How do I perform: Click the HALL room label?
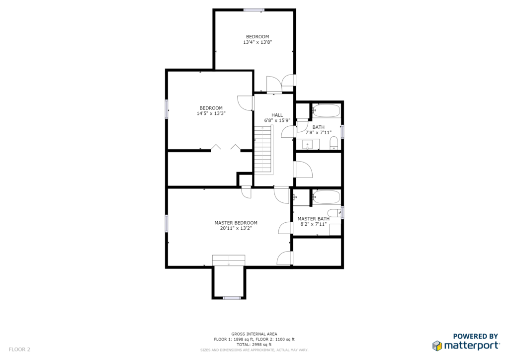277,115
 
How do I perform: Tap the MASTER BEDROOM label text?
236,223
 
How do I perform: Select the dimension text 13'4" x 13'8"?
257,42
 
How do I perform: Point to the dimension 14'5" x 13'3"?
211,113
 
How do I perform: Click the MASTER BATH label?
313,219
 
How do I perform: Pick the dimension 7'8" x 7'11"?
318,132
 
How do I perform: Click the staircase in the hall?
263,150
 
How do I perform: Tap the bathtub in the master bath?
326,197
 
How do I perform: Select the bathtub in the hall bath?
326,111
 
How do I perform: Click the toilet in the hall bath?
334,144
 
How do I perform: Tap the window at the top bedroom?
254,10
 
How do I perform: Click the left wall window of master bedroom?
167,223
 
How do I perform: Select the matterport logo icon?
437,346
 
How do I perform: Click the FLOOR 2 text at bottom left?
19,350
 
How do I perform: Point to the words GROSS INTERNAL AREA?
254,334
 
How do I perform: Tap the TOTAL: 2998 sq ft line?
254,345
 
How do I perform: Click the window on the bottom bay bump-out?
232,298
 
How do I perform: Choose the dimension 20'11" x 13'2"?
236,228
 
